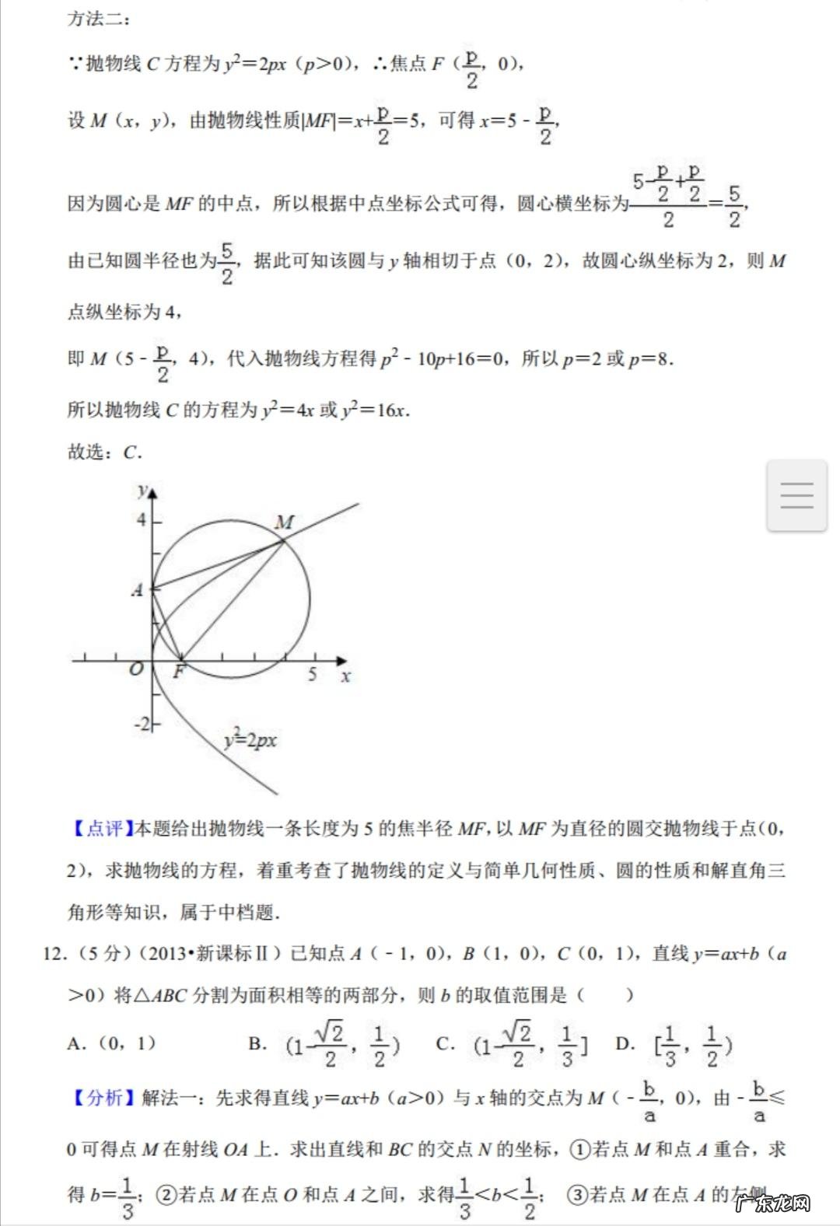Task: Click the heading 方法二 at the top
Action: coord(98,19)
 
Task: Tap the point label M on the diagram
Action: coord(285,522)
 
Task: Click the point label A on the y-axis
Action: coord(138,590)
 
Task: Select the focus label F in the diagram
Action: coord(179,672)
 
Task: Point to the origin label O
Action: coord(137,669)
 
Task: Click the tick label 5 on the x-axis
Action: coord(312,674)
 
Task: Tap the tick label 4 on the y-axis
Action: coord(142,519)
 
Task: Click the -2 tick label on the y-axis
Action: coord(142,724)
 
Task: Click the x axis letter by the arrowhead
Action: coord(345,676)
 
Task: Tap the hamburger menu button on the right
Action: coord(796,495)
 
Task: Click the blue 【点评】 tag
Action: coord(100,829)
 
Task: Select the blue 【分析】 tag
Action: coord(100,1097)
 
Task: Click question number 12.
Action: coord(54,953)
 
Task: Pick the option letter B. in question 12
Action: coord(257,1043)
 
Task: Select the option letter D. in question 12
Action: coord(625,1043)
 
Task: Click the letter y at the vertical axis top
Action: coord(142,491)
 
